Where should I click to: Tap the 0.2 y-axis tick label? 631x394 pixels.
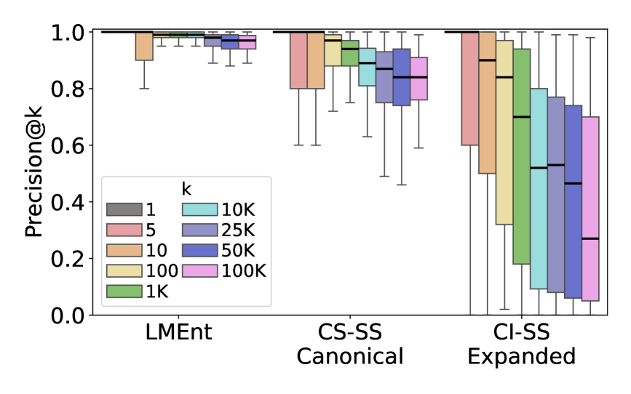click(x=74, y=259)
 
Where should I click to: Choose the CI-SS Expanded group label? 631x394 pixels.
click(x=521, y=345)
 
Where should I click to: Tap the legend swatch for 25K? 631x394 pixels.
click(x=201, y=230)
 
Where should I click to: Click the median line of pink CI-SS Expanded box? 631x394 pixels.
click(x=590, y=238)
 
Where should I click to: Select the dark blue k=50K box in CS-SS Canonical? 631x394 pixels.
click(x=402, y=77)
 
